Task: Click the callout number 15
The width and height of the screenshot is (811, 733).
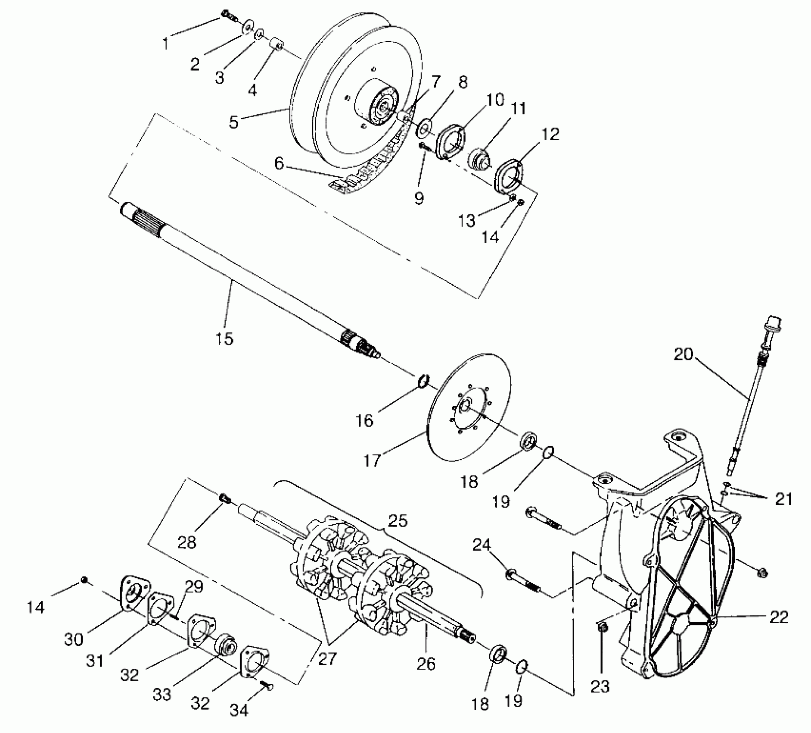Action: (x=224, y=338)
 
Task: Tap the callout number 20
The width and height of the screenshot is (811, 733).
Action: (x=683, y=354)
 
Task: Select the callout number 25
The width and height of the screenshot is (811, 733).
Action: (x=397, y=521)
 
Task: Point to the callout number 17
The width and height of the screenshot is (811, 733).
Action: (x=372, y=460)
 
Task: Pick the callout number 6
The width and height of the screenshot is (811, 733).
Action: (x=279, y=164)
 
